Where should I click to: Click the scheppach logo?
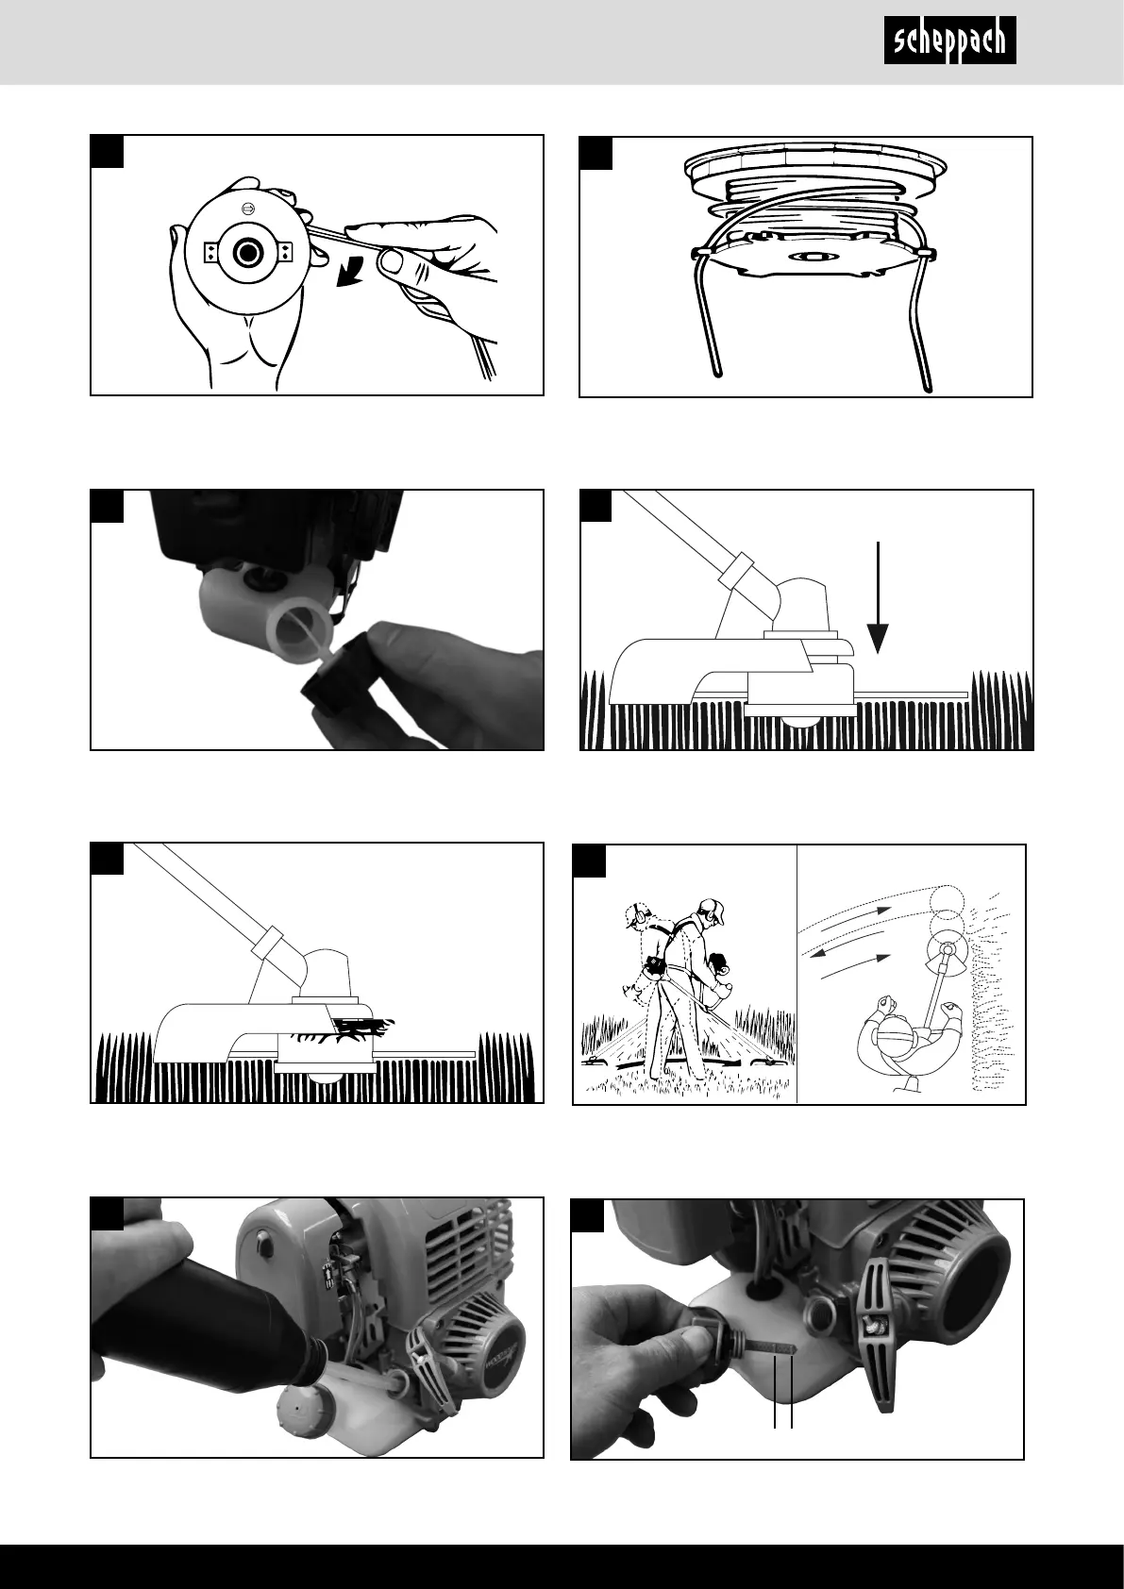[x=949, y=41]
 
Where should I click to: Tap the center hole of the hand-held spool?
[x=247, y=252]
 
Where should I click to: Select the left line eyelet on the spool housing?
[x=698, y=253]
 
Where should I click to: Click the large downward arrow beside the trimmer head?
[x=879, y=596]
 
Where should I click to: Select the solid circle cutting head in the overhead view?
[x=947, y=951]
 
